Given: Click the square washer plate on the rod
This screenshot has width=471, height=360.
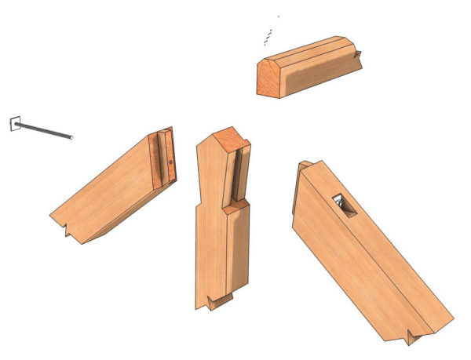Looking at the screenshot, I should tap(15, 123).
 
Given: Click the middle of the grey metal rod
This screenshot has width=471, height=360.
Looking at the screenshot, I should tap(43, 131).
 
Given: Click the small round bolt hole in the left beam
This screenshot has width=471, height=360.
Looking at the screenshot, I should tap(170, 163).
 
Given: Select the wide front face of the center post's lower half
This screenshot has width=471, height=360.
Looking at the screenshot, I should tap(210, 251).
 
